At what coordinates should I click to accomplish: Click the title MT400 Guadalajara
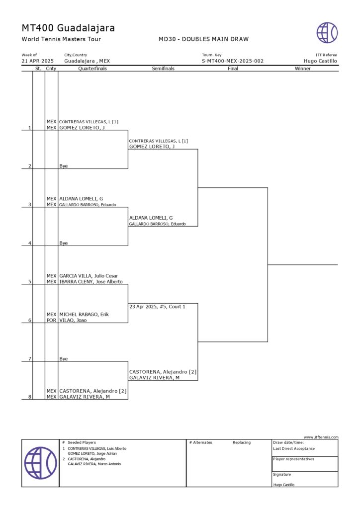[x=68, y=28]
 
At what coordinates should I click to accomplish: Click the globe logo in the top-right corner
[x=327, y=33]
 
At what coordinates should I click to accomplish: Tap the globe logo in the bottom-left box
[x=40, y=463]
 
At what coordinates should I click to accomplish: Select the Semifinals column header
[x=163, y=69]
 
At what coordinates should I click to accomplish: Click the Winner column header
[x=302, y=69]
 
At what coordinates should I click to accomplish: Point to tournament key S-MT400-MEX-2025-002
[x=233, y=61]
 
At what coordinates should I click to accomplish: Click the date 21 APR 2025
[x=37, y=61]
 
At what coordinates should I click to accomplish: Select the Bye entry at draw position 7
[x=63, y=358]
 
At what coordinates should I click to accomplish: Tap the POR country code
[x=51, y=321]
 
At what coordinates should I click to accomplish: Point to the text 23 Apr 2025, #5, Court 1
[x=157, y=307]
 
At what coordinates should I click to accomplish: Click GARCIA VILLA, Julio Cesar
[x=89, y=275]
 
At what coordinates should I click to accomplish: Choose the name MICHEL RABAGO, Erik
[x=84, y=314]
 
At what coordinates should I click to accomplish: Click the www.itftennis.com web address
[x=321, y=437]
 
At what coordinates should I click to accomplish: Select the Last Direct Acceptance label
[x=294, y=448]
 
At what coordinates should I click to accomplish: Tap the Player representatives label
[x=293, y=459]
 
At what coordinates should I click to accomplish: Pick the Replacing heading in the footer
[x=242, y=442]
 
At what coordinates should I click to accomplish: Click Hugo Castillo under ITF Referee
[x=320, y=61]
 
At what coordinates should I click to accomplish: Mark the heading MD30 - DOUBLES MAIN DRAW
[x=203, y=39]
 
